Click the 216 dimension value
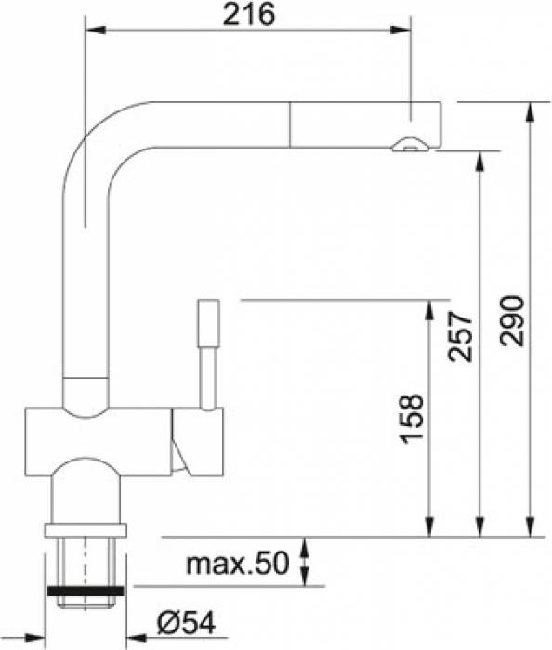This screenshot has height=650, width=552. click(248, 15)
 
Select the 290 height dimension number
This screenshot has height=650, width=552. click(512, 321)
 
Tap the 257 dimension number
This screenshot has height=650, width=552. click(460, 337)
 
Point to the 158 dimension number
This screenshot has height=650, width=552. click(411, 419)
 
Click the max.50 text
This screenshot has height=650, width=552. click(237, 563)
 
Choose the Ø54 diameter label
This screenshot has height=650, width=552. click(186, 623)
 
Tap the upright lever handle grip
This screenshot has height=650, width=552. click(208, 322)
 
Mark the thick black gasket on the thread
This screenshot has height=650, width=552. click(85, 591)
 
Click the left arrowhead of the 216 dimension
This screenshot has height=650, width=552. click(95, 30)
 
